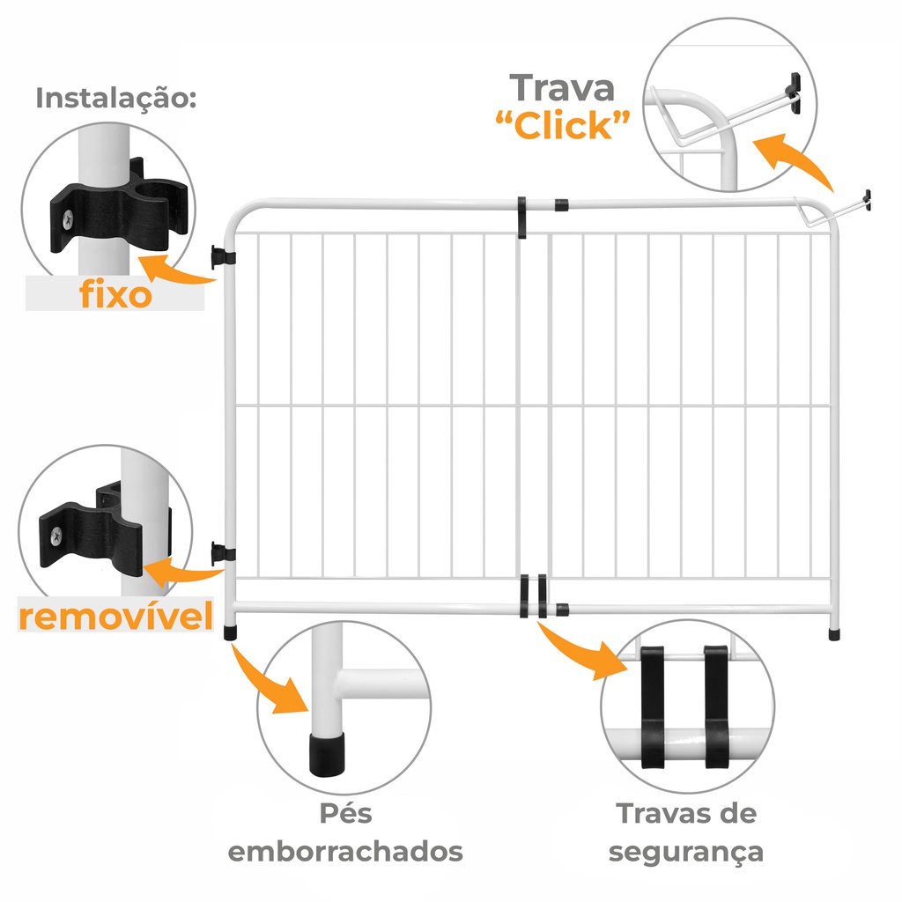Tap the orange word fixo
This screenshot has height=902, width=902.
115,293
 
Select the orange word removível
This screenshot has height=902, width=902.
115,616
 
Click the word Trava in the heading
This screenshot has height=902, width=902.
562,88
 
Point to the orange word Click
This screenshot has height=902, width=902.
562,126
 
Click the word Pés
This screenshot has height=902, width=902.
345,813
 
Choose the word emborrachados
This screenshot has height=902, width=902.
345,852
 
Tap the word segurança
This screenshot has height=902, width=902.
685,853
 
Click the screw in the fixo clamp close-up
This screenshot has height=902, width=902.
68,219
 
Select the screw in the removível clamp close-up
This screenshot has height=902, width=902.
55,536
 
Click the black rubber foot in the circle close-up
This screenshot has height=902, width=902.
328,754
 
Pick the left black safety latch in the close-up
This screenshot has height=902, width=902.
653,707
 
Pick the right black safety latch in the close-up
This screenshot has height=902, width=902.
716,707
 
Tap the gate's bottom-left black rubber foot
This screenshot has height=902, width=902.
230,632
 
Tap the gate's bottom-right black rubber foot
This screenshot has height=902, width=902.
833,634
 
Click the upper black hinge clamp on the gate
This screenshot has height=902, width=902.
223,257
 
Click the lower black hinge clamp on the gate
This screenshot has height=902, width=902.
223,553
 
